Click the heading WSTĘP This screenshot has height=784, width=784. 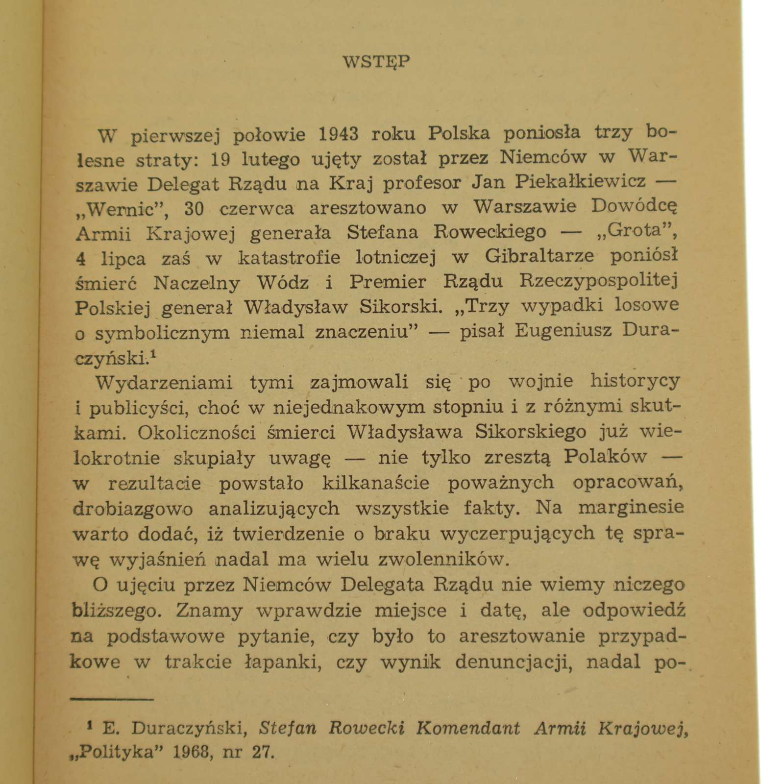click(376, 62)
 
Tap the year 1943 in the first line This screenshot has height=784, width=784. click(338, 133)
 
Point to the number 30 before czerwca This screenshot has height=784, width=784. click(194, 209)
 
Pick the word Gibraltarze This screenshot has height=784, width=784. click(539, 256)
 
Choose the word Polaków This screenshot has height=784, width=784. click(606, 457)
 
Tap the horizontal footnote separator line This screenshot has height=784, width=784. click(112, 699)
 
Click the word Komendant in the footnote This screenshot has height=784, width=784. click(468, 729)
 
